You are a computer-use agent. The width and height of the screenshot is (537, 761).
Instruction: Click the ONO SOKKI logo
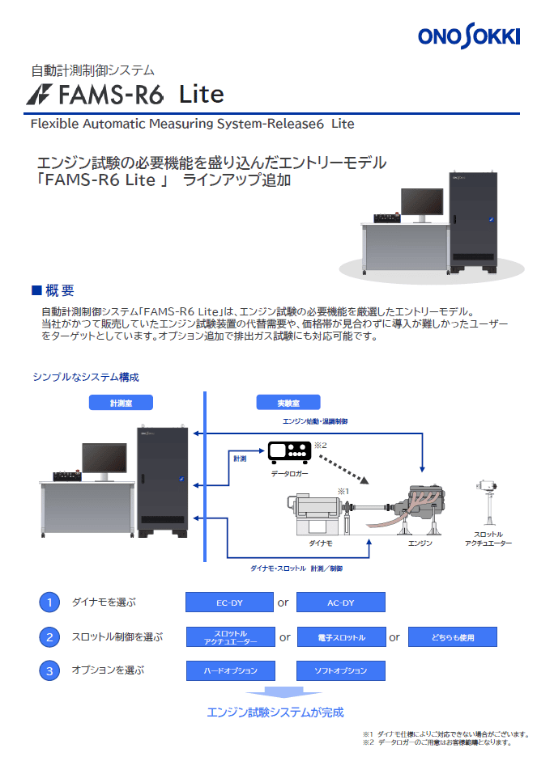pyautogui.click(x=468, y=36)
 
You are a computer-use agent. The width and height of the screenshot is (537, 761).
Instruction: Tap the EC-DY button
pyautogui.click(x=229, y=602)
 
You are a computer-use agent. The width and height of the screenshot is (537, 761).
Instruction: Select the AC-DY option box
pyautogui.click(x=341, y=602)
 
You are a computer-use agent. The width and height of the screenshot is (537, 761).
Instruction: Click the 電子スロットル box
pyautogui.click(x=342, y=637)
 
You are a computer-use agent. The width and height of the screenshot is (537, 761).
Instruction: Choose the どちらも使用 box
pyautogui.click(x=453, y=637)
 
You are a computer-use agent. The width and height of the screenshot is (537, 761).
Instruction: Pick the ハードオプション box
pyautogui.click(x=230, y=670)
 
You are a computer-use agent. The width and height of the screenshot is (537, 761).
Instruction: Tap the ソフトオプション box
pyautogui.click(x=341, y=670)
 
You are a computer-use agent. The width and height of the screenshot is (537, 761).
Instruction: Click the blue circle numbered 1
pyautogui.click(x=49, y=602)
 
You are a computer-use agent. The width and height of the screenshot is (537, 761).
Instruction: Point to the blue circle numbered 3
pyautogui.click(x=49, y=670)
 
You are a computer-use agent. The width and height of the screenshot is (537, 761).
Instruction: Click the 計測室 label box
pyautogui.click(x=121, y=403)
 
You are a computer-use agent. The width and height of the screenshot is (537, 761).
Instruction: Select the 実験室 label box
pyautogui.click(x=288, y=403)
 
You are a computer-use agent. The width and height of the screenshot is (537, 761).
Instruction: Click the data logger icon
pyautogui.click(x=290, y=452)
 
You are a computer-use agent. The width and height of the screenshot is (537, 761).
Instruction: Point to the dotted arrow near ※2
pyautogui.click(x=344, y=469)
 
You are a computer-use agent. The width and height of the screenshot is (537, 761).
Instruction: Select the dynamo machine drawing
pyautogui.click(x=318, y=514)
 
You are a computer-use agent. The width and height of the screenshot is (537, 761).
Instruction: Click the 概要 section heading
pyautogui.click(x=53, y=290)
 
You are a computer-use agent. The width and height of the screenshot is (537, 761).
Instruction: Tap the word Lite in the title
pyautogui.click(x=202, y=94)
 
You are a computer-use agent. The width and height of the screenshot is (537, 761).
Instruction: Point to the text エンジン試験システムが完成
pyautogui.click(x=275, y=712)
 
